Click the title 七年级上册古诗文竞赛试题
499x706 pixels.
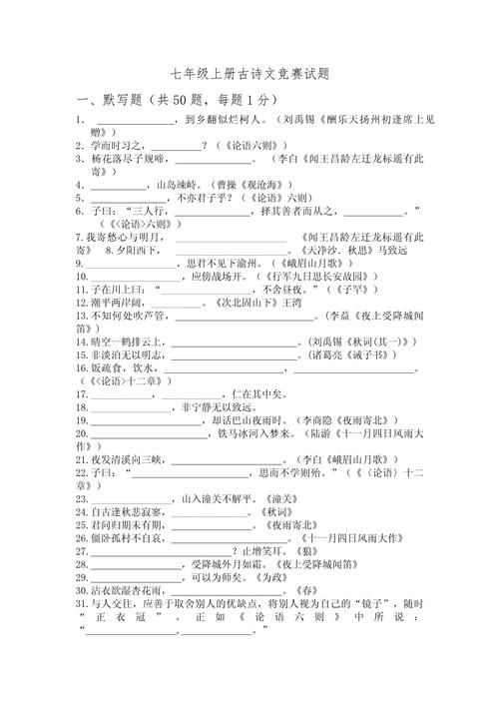point(250,74)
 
